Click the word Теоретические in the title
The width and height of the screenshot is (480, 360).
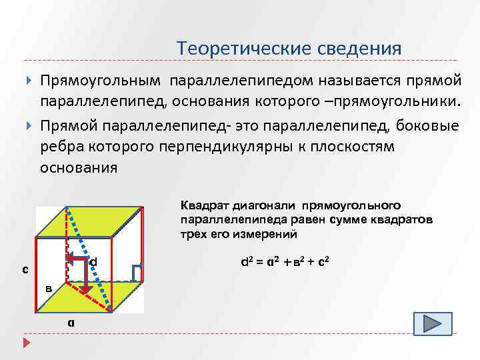(x=231, y=48)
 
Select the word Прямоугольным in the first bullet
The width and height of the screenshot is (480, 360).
(x=101, y=81)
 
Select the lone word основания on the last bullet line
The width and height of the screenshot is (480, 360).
(x=79, y=168)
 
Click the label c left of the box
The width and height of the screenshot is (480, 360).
(x=25, y=270)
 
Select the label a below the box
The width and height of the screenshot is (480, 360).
(x=71, y=322)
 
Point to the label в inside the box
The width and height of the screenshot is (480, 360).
(x=49, y=289)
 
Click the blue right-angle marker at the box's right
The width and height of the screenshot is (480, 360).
(x=137, y=272)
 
